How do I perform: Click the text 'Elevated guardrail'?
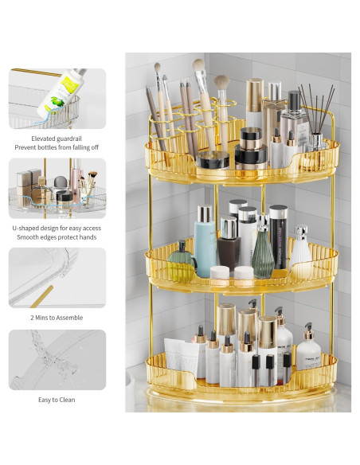click(57, 138)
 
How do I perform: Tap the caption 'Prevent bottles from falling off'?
click(57, 147)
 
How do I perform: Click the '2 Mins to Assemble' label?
click(57, 316)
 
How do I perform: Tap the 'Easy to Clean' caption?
click(57, 400)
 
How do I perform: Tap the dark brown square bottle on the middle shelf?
click(229, 243)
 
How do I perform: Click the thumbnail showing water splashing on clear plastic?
click(57, 360)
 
